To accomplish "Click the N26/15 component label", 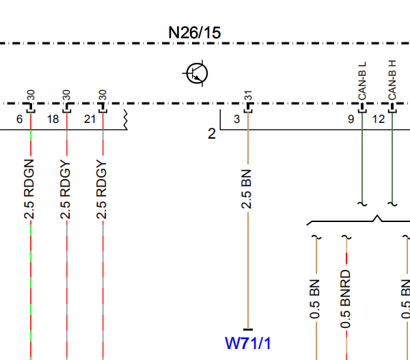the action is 195,33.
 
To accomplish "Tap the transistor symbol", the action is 197,74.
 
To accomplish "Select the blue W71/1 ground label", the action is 247,344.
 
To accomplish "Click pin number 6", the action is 20,120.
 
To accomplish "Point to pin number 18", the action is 53,120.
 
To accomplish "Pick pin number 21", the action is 90,120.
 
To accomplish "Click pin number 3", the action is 237,120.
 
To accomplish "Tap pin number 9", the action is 351,120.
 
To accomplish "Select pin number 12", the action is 379,120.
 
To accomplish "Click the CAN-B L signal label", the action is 362,81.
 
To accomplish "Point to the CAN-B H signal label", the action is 392,80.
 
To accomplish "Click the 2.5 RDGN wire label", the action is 29,189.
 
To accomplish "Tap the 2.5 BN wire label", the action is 246,189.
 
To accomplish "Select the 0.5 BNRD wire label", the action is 345,299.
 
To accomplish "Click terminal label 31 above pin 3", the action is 248,96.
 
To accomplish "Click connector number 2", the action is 212,134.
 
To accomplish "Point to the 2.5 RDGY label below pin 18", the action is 65,189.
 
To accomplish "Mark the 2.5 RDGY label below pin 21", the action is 101,189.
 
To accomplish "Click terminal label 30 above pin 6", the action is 31,95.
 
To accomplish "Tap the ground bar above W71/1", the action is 248,330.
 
